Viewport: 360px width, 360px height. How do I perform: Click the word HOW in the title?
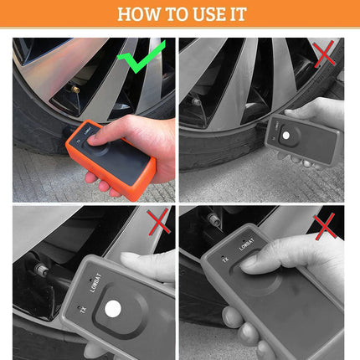point(136,13)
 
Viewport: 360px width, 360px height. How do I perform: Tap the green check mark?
point(141,59)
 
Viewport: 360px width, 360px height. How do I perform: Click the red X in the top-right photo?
point(324,54)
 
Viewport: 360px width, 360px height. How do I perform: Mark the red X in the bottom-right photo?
point(326,224)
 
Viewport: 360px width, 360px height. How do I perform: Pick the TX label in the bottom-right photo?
point(224,260)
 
